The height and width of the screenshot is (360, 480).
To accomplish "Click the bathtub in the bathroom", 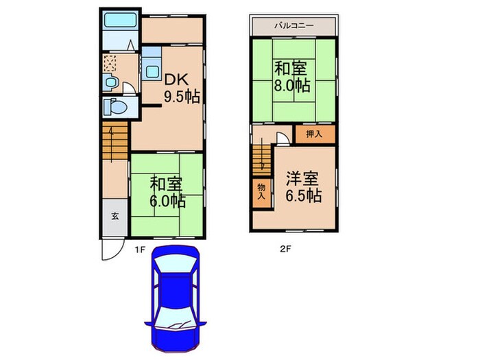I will pos(121,19).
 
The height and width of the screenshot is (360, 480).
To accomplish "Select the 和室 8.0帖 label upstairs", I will pos(293,77).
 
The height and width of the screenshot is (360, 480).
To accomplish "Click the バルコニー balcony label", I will pos(293,25).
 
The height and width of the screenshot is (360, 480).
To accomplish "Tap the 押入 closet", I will pos(314,134).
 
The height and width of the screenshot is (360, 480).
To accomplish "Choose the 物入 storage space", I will pos(261,191).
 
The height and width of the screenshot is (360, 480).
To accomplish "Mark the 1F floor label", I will pos(139,250).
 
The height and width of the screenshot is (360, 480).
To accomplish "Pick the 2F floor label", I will pos(285,250).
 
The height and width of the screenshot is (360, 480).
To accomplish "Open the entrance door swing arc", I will pos(110,251).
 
